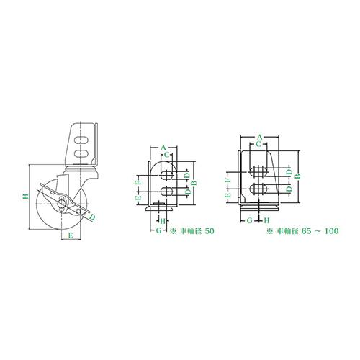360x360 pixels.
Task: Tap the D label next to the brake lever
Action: pyautogui.click(x=93, y=217)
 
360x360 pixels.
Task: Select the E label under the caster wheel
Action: pyautogui.click(x=71, y=235)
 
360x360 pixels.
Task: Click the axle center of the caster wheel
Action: pyautogui.click(x=61, y=204)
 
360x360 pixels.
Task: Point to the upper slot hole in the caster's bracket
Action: pyautogui.click(x=81, y=140)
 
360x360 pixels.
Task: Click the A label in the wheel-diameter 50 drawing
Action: pyautogui.click(x=163, y=148)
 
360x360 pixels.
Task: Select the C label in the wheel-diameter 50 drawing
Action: pyautogui.click(x=167, y=155)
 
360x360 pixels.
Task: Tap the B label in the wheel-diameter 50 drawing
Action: pyautogui.click(x=194, y=183)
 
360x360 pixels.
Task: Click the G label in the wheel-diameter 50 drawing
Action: pyautogui.click(x=159, y=230)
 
